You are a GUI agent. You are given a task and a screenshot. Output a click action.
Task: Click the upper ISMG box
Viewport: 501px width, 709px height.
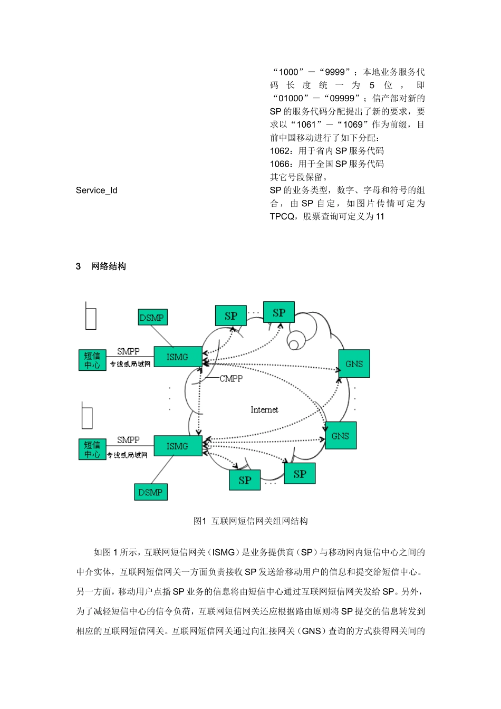coord(178,357)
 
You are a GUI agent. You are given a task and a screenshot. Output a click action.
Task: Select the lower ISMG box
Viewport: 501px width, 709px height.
coord(178,446)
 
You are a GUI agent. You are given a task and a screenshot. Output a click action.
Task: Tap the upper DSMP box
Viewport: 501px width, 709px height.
coord(152,318)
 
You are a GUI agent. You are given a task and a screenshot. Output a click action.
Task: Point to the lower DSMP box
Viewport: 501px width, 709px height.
coord(150,492)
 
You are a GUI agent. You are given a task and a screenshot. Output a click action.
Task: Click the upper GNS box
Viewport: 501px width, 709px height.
coord(354,363)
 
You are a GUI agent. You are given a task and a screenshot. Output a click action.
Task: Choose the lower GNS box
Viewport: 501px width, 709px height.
coord(340,436)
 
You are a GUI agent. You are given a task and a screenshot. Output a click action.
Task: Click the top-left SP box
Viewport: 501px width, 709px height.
coord(231,316)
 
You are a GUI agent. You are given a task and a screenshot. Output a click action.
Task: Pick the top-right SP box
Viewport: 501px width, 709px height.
coord(279,312)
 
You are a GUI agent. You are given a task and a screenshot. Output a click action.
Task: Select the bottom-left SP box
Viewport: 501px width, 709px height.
coord(245,480)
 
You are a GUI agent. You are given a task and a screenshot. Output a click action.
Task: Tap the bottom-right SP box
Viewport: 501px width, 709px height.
coord(300,474)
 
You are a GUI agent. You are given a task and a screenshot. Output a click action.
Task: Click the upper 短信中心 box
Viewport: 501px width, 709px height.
coord(92,360)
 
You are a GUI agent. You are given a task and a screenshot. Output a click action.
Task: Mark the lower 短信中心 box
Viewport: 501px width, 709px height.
coord(92,449)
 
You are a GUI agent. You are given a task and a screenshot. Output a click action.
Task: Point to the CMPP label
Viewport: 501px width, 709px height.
coord(231,379)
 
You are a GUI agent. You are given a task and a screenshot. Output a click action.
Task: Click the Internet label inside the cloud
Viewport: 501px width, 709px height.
coord(264,410)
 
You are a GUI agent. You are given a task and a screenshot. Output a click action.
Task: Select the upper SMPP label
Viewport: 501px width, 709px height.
coord(128,351)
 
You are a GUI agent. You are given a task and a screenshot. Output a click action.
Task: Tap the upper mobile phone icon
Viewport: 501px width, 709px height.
coord(91,317)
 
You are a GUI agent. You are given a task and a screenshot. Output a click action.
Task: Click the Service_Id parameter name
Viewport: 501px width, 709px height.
coord(97,190)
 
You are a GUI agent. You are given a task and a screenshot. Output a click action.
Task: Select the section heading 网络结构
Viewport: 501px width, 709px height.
coord(108,266)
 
